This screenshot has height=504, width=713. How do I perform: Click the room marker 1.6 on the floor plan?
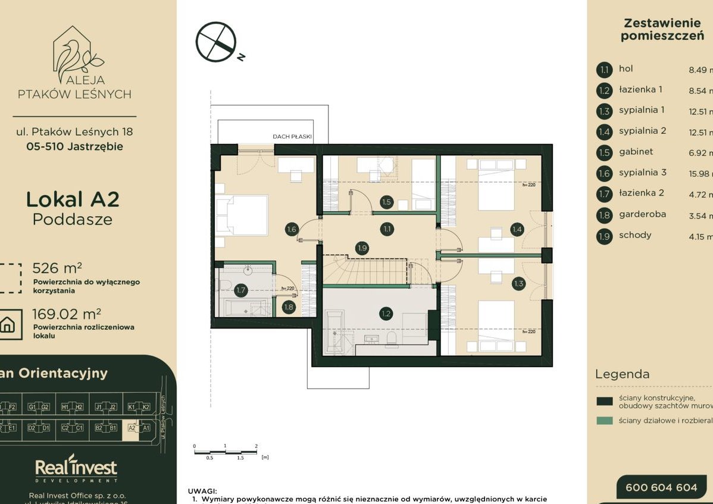coord(291,229)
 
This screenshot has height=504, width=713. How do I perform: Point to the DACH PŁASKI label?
coord(292,136)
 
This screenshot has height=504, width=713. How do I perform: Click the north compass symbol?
coord(217,42)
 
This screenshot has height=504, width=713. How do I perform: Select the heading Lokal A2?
coord(73,199)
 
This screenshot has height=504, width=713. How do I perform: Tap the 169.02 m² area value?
coord(66,313)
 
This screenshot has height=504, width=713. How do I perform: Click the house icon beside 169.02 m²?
coord(8,324)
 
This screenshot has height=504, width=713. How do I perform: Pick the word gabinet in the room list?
coord(636,152)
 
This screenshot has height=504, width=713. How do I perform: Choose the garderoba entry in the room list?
coord(642,214)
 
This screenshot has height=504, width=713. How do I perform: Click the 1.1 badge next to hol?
coord(604,70)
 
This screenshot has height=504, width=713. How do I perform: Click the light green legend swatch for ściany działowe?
coord(604,421)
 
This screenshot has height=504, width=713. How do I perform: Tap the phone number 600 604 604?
coord(661,487)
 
